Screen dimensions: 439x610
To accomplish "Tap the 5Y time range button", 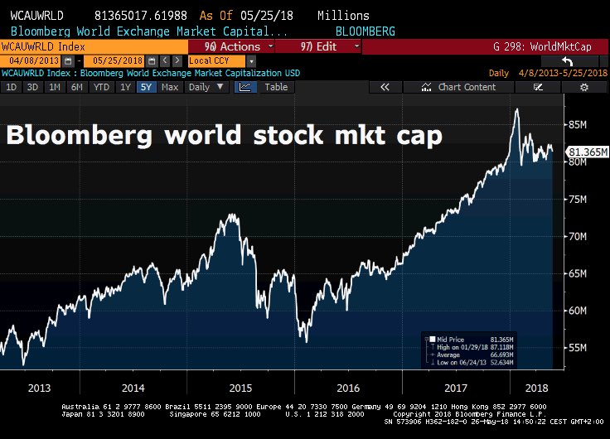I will tap(145, 87).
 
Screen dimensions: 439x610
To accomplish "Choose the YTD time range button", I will tap(101, 87).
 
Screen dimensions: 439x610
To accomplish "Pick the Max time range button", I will tap(169, 87).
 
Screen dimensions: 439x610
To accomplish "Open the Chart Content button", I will tap(461, 87).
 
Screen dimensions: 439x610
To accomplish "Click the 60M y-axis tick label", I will tap(578, 311).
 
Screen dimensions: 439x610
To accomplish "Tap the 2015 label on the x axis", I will tap(240, 387).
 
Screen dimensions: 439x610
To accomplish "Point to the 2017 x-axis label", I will tap(456, 387).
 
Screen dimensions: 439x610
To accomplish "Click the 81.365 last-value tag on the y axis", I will tap(586, 152).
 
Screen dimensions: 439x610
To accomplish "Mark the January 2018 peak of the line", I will tap(517, 109).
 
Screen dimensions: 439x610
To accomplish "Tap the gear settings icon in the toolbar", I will tap(583, 87).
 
